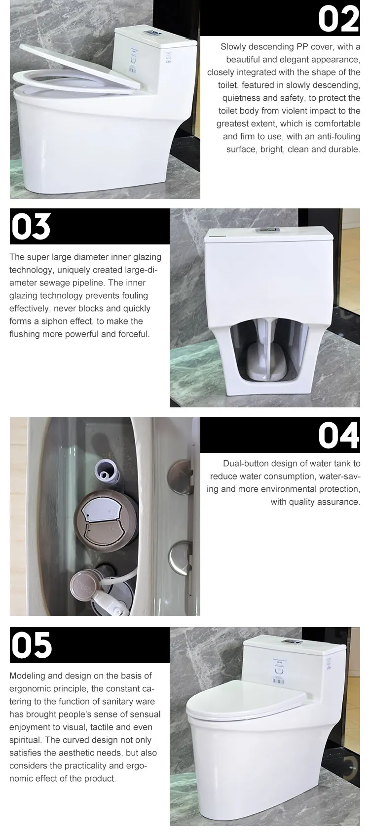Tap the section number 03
31,227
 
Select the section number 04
338,435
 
